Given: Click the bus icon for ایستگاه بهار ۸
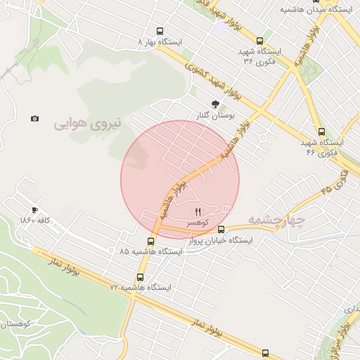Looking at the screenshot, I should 160,32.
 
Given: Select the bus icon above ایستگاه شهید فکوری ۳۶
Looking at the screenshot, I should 260,41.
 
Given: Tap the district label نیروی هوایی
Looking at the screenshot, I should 88,124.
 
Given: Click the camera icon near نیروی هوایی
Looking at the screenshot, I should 34,118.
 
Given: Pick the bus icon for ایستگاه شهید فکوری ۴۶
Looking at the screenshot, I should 321,131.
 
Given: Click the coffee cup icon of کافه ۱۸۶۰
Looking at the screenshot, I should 34,210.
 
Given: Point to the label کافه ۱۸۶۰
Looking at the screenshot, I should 37,221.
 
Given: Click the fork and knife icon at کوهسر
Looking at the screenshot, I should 198,211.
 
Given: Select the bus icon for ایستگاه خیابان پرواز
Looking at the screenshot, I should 221,229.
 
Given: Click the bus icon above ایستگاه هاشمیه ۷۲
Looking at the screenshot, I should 140,277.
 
